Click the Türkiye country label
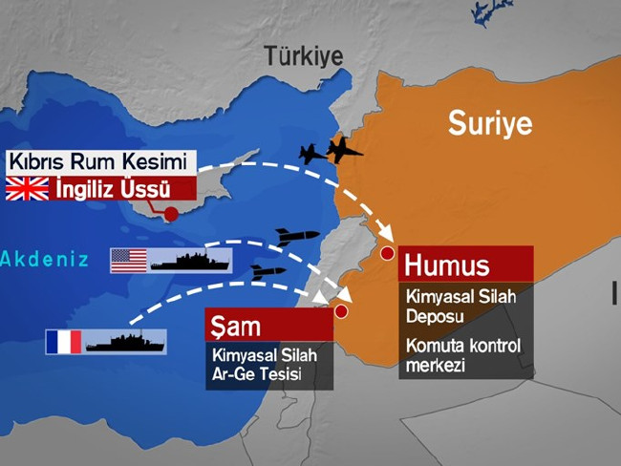pos(304,55)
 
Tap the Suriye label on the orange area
pos(490,123)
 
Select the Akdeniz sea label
pos(44,259)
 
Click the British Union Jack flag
pos(27,189)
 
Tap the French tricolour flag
pos(63,342)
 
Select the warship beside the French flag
pos(125,341)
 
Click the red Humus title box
pos(465,265)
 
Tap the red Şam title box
pos(268,325)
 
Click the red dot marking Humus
pos(387,253)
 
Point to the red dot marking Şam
pos(340,310)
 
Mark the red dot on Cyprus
pos(171,214)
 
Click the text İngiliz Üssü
pos(116,189)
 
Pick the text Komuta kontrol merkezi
pos(463,355)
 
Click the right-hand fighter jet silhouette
pos(345,150)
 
